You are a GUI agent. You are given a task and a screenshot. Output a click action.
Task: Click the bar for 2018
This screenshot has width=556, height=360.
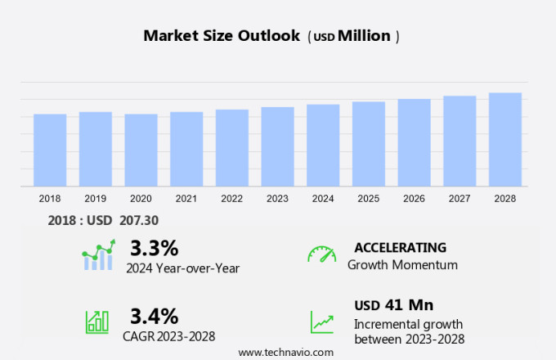pos(50,150)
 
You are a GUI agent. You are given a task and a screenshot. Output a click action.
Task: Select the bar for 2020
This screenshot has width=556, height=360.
pos(141,150)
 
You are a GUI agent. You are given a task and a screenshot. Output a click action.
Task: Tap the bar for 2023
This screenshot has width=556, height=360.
pos(278,146)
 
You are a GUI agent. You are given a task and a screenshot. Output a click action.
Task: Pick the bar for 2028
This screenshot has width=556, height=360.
pos(505,139)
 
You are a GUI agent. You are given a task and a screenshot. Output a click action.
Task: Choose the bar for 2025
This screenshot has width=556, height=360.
pos(369,144)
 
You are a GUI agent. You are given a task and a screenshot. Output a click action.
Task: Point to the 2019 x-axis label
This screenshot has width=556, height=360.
pos(95,198)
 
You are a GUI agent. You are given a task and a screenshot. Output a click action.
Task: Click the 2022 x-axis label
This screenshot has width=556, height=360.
pos(232,198)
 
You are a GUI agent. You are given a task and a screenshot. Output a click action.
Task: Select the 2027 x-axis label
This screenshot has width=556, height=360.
pos(460,198)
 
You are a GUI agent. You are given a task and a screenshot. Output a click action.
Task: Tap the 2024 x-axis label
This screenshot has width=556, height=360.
pos(323,198)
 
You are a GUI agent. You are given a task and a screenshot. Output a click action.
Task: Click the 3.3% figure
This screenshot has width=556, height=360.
pos(154,247)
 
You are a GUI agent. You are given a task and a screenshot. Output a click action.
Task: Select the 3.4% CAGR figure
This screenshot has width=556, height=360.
pos(154,316)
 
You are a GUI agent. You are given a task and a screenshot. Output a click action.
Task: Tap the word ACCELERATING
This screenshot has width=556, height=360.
pos(400,247)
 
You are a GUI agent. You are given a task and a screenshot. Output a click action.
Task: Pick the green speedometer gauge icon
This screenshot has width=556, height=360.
pos(321,254)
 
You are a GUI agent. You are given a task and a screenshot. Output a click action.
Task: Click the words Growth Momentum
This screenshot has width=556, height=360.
pos(402,265)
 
